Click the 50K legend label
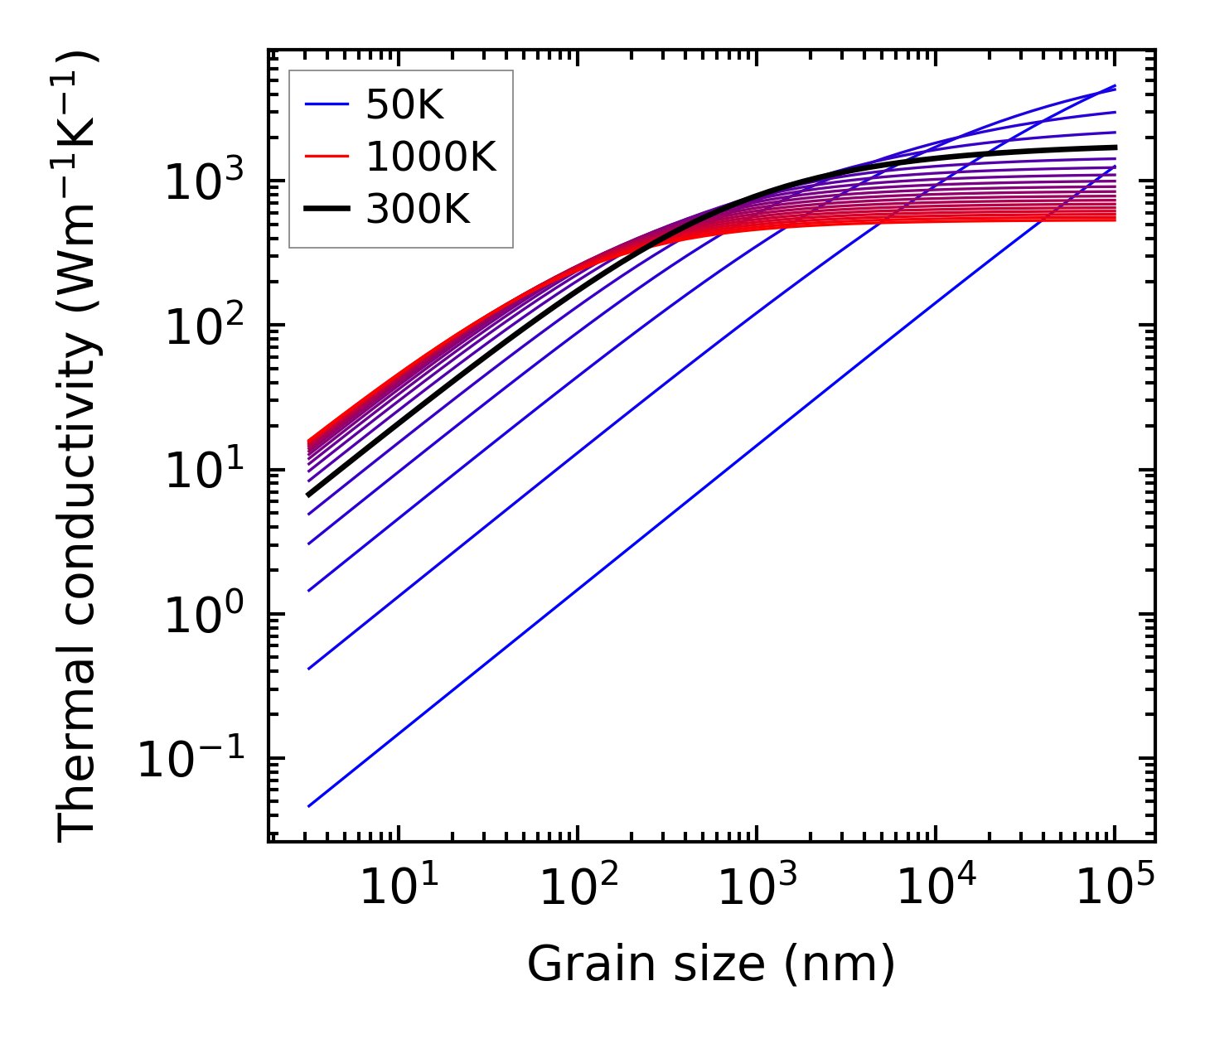click(404, 105)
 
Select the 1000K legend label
click(431, 157)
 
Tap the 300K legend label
click(418, 209)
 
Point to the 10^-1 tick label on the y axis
click(192, 759)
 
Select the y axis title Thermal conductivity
click(79, 447)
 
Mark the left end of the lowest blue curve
click(309, 805)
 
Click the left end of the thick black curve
click(309, 495)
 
